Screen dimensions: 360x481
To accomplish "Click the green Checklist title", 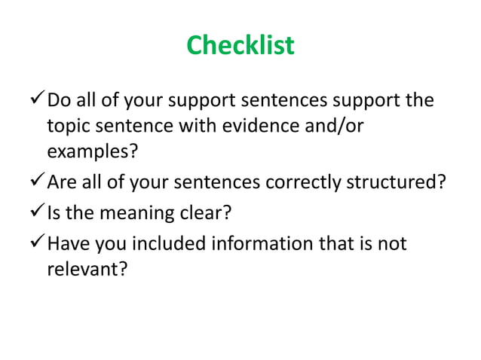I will coord(240,46).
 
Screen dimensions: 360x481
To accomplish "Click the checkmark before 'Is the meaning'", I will coord(35,213).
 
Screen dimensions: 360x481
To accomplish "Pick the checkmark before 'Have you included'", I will coord(35,243).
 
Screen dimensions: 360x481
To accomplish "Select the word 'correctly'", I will coord(295,183).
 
